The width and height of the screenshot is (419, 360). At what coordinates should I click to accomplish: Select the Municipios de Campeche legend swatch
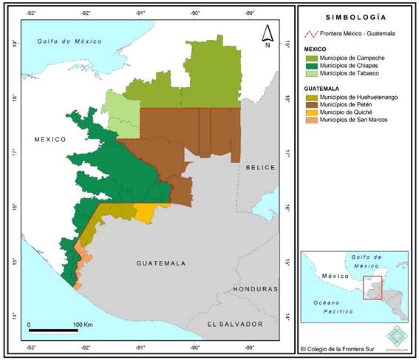[313, 58]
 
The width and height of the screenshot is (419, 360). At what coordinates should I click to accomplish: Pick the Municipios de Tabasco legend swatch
[313, 72]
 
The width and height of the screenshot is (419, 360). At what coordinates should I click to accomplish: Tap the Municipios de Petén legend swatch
[313, 104]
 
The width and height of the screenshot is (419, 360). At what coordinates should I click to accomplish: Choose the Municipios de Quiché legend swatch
[313, 112]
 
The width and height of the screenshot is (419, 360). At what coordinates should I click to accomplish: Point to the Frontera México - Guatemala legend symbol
[313, 34]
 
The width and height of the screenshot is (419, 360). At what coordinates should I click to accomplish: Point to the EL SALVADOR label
[234, 325]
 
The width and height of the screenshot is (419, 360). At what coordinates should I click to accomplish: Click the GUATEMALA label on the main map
[160, 263]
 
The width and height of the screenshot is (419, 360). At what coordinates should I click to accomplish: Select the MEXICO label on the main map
[50, 139]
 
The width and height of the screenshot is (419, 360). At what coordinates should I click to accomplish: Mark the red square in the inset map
[372, 287]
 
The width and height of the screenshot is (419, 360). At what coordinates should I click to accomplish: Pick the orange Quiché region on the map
[146, 214]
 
